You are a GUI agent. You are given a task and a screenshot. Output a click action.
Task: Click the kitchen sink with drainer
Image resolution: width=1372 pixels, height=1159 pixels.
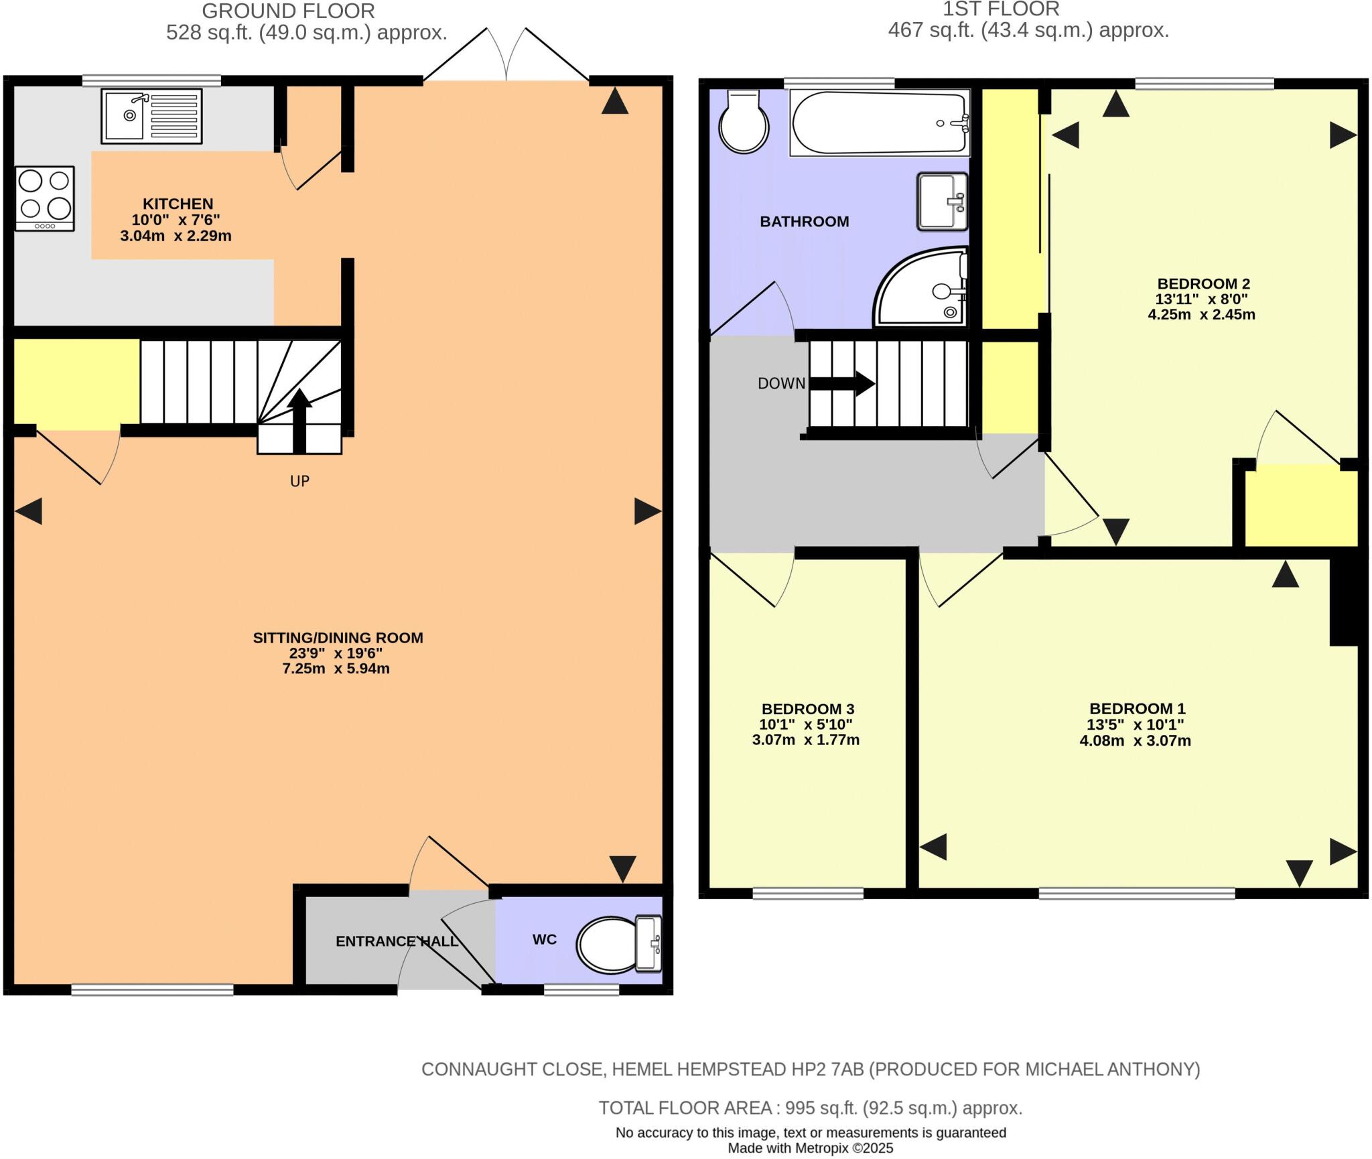click(x=151, y=117)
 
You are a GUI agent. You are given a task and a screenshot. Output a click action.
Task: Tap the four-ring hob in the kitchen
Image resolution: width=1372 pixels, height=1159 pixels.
click(x=45, y=199)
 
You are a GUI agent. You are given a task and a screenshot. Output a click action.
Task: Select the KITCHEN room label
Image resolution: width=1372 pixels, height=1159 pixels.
click(x=178, y=204)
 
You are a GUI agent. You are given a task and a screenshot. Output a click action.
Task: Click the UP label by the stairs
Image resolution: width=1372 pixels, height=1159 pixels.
click(x=299, y=481)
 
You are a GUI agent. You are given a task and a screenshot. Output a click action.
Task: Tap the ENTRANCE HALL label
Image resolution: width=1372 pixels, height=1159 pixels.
click(x=397, y=941)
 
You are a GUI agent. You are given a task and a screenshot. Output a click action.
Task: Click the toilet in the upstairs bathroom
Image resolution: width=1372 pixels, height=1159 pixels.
click(x=744, y=123)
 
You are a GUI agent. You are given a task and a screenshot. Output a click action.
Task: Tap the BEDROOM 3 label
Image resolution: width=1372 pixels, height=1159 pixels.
click(x=807, y=709)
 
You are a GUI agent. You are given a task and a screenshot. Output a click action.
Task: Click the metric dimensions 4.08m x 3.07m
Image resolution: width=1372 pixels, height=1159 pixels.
click(x=1135, y=741)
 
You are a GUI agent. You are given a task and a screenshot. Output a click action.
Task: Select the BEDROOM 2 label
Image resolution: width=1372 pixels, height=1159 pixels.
click(x=1203, y=283)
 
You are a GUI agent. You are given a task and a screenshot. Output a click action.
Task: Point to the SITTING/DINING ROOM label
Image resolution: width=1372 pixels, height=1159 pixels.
click(x=338, y=638)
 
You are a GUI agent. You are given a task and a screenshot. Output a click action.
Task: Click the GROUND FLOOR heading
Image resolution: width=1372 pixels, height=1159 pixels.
click(x=288, y=11)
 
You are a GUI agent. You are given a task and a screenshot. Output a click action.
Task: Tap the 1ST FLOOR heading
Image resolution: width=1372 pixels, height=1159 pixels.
click(x=1001, y=9)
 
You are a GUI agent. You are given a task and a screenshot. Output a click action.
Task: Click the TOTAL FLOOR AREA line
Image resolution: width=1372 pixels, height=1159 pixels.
click(x=810, y=1108)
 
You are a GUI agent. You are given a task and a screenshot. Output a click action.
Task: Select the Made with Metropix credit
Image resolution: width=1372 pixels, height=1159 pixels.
click(x=810, y=1148)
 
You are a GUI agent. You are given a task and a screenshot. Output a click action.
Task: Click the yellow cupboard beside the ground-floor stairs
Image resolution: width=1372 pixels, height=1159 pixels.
click(x=76, y=381)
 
